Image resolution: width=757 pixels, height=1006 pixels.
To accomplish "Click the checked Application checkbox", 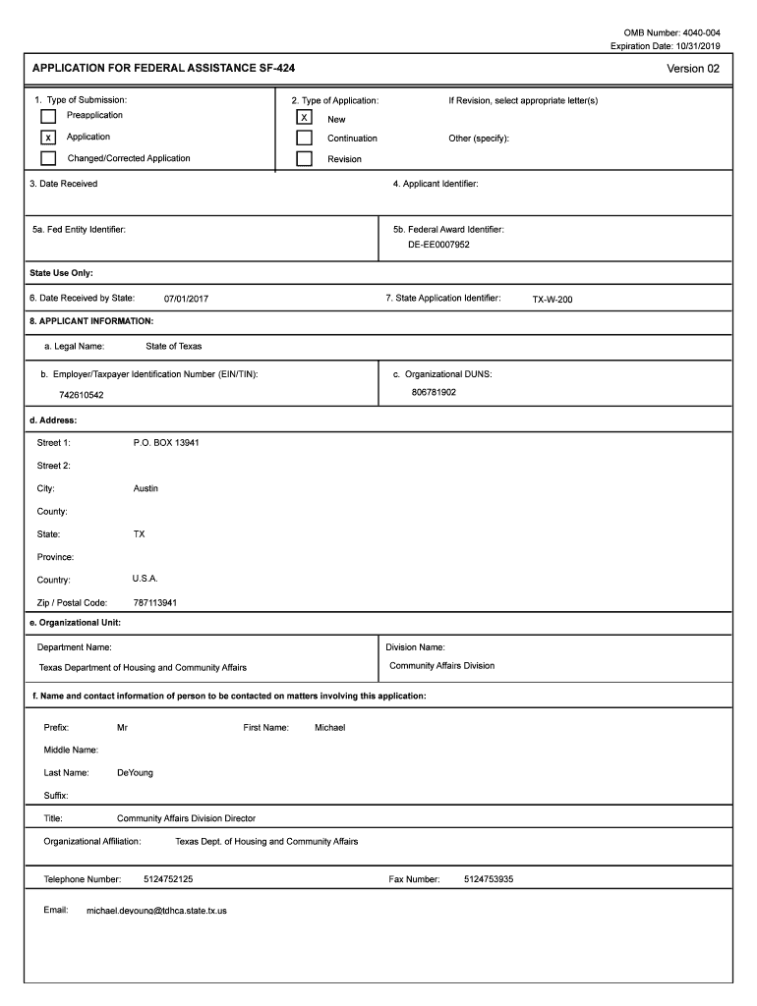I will click(x=48, y=138).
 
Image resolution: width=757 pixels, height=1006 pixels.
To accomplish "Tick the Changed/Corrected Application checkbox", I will click(x=48, y=158).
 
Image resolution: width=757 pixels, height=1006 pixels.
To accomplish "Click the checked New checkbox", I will click(x=305, y=118).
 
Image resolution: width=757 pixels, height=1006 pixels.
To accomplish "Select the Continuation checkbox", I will click(x=305, y=139).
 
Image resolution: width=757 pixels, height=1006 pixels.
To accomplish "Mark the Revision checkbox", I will click(x=305, y=158).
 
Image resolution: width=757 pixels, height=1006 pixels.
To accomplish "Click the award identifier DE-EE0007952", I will click(x=439, y=245).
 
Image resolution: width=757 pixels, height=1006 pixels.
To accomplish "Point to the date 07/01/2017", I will click(x=186, y=299).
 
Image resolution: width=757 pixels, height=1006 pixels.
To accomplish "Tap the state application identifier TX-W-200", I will click(x=553, y=300).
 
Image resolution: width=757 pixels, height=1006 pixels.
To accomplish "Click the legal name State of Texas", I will click(x=174, y=347).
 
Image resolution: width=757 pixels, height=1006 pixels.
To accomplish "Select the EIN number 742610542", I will click(x=82, y=395).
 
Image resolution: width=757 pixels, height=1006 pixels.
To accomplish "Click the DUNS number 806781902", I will click(x=434, y=392).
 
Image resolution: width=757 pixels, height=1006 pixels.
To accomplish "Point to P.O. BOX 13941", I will click(x=166, y=443).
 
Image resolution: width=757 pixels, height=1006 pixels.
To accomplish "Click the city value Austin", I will click(x=146, y=488).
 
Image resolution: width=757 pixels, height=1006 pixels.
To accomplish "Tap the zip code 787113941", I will click(x=155, y=603).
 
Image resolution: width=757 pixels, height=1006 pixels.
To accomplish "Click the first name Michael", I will click(x=329, y=728).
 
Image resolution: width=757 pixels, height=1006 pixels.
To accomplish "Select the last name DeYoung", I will click(x=135, y=773).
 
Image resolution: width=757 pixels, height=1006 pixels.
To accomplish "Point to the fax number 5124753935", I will click(x=489, y=879).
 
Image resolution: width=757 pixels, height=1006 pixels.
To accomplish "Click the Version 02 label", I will click(x=693, y=69).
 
